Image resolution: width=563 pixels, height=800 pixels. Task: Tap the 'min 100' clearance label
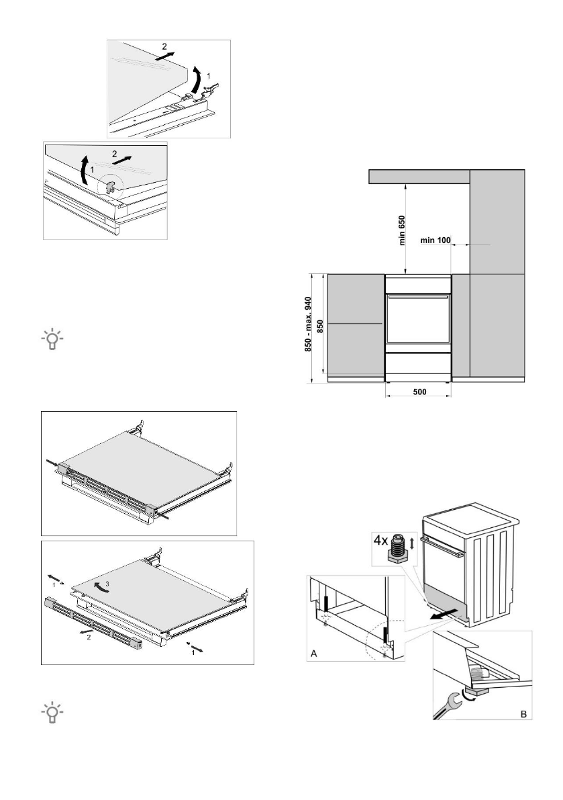tap(436, 238)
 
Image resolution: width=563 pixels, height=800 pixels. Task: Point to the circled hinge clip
tap(107, 185)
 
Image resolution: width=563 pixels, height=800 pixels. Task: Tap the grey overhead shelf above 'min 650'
tap(419, 176)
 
